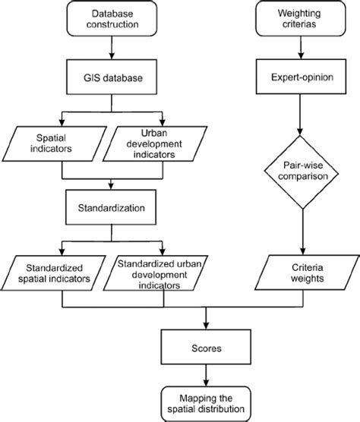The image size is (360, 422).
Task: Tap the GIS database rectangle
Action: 112,77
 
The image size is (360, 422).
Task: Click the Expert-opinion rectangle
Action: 303,77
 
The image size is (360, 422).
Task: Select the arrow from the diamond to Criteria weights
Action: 303,235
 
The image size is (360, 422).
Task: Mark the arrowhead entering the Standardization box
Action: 112,186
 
